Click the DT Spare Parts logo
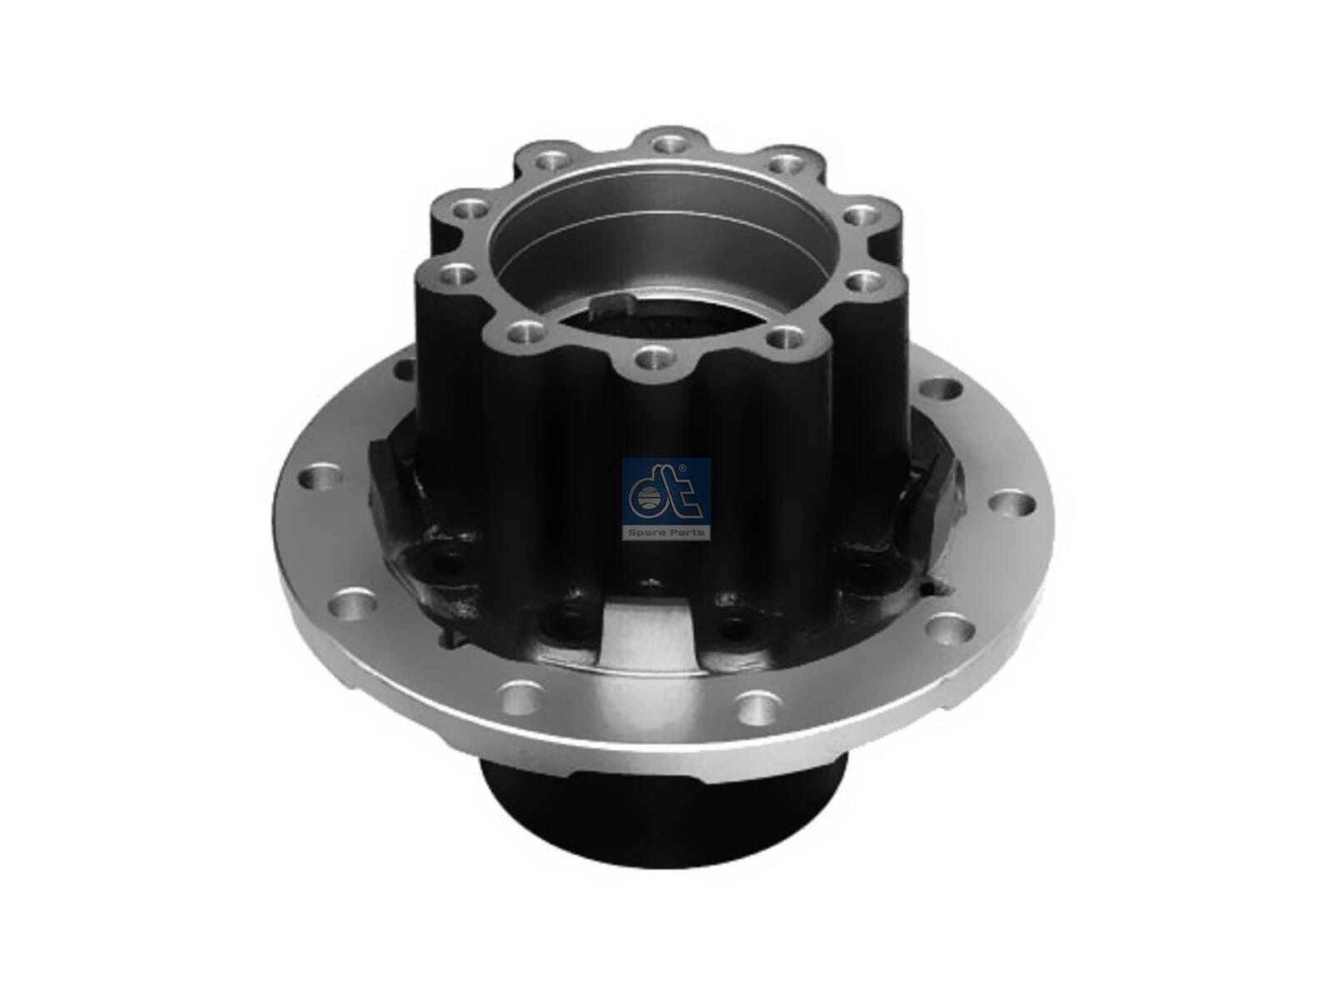[666, 499]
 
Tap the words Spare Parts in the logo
[666, 531]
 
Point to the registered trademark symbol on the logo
[683, 468]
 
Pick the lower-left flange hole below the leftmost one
[344, 600]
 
